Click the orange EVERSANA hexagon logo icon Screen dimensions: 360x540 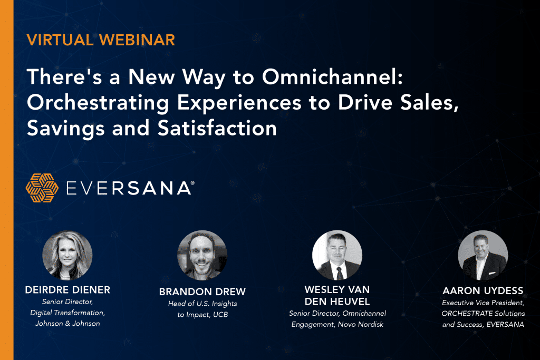point(42,188)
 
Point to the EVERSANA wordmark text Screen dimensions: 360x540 point(130,188)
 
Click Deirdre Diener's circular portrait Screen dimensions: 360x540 point(67,256)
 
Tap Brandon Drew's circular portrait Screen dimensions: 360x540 point(202,255)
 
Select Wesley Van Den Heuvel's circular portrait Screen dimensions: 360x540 point(337,255)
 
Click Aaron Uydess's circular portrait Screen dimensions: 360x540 point(483,255)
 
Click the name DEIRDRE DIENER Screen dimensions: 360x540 point(67,290)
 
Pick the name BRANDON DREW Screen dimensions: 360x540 point(202,292)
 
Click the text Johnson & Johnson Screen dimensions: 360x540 point(67,323)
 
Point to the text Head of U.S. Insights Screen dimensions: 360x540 point(202,304)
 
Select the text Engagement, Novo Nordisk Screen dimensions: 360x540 point(337,324)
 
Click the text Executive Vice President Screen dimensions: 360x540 point(483,303)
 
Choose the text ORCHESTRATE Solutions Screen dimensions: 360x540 point(483,314)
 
